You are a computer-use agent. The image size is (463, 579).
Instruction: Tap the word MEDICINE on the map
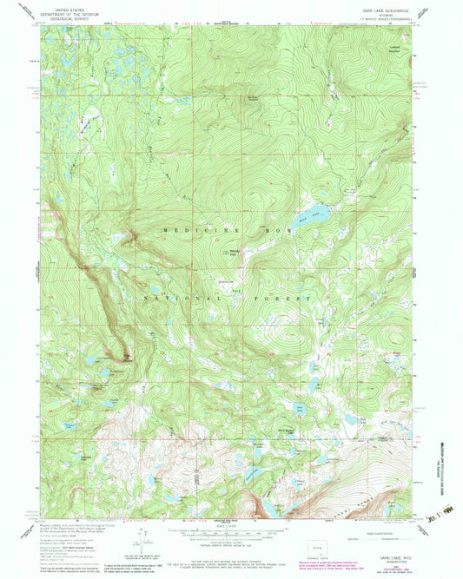pyautogui.click(x=191, y=231)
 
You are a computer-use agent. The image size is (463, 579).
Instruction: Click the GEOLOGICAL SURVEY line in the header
pyautogui.click(x=75, y=17)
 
